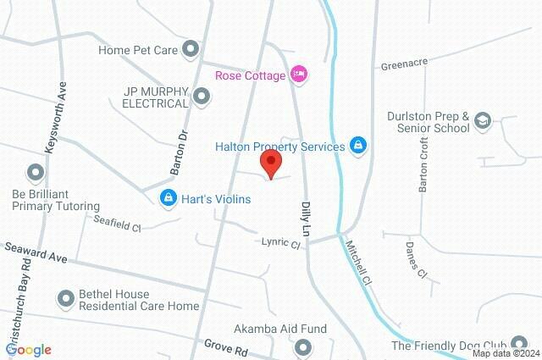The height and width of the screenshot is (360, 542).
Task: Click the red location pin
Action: pyautogui.click(x=271, y=163)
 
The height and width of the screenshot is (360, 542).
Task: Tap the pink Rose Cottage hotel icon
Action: pyautogui.click(x=297, y=74)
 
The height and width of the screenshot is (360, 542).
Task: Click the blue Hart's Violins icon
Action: pyautogui.click(x=169, y=198)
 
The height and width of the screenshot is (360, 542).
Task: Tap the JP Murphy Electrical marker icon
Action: pyautogui.click(x=201, y=97)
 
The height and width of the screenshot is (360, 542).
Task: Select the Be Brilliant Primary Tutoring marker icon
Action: pyautogui.click(x=36, y=174)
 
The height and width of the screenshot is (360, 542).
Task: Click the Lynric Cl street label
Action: pyautogui.click(x=280, y=244)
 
